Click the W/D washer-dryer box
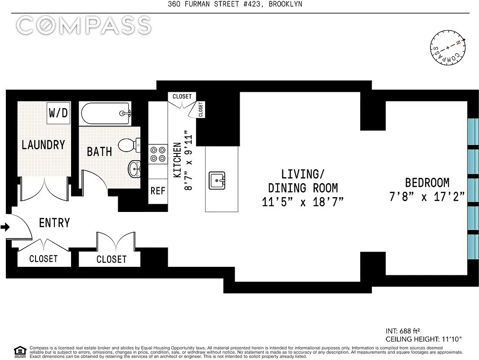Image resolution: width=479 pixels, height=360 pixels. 58,113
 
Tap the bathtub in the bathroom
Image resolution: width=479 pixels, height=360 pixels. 106,113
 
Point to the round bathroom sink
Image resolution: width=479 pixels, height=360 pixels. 134,169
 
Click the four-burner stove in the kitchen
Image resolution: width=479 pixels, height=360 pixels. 158,154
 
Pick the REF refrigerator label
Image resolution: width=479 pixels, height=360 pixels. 158,191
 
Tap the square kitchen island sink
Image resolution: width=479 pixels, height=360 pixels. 217,180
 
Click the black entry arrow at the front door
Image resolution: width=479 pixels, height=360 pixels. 5,227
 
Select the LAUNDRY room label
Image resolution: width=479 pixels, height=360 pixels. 43,144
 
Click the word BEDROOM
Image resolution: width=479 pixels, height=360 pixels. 427,183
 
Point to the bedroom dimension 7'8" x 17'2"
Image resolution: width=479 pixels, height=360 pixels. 427,197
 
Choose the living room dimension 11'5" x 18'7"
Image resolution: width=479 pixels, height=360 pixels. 303,202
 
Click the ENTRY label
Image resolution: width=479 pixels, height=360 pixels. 54,223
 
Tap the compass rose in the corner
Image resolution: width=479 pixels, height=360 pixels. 448,48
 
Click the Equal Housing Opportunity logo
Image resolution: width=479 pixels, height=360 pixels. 20,352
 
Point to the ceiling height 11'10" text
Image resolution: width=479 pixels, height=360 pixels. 424,339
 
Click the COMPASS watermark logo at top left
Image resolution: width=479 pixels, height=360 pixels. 84,25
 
